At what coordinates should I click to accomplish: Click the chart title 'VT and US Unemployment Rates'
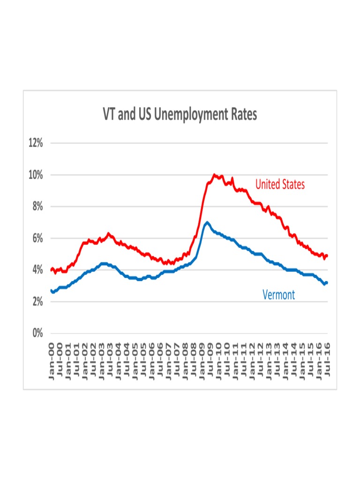tap(180, 114)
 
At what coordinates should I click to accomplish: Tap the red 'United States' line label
tap(280, 185)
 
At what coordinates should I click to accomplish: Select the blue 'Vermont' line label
tap(278, 295)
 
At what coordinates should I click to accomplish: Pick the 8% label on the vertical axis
tap(35, 207)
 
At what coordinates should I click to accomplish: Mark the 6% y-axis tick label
tap(35, 239)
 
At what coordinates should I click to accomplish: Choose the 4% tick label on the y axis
tap(35, 270)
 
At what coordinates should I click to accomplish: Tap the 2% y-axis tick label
tap(35, 302)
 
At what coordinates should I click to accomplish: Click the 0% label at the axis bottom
tap(35, 334)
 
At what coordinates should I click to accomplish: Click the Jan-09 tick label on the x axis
tap(202, 361)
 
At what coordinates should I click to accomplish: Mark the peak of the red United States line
tap(214, 175)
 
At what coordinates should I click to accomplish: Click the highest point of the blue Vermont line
tap(207, 222)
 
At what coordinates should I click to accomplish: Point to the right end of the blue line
tap(327, 282)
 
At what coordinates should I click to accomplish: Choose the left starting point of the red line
tap(51, 270)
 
